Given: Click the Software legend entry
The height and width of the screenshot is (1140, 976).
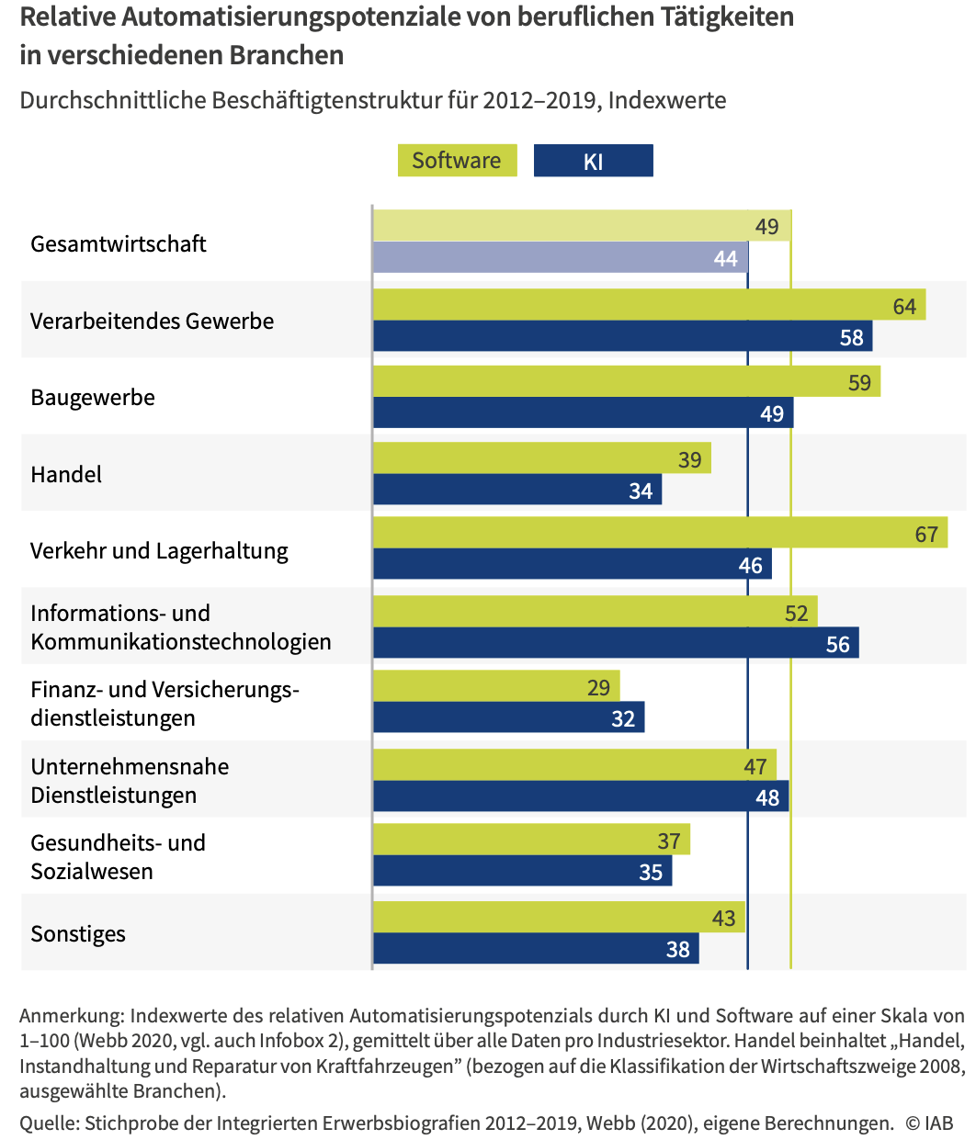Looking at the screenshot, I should (457, 161).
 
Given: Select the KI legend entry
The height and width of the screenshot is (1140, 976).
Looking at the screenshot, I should (593, 162).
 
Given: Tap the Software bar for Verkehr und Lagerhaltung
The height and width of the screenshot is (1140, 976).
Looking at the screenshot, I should (643, 533).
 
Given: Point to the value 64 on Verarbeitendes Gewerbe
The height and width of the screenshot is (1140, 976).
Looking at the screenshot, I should (904, 306).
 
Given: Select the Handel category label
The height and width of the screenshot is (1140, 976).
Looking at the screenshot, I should (66, 475).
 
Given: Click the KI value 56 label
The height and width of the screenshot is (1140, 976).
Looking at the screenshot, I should (837, 644).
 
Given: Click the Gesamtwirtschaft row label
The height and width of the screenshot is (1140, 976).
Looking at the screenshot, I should (119, 244).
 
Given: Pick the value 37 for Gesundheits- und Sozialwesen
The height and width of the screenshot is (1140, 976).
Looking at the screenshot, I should (668, 841).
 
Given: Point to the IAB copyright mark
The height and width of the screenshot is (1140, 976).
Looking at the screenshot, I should (928, 1123).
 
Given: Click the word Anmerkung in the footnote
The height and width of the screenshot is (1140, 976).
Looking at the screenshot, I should (70, 1016).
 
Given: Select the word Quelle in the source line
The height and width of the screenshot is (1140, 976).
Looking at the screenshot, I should (49, 1123).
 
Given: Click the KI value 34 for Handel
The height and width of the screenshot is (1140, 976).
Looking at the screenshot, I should (641, 491).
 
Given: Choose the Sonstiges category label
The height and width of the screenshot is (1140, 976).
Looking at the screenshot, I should (78, 934).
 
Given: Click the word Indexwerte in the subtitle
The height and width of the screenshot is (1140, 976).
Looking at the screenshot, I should (667, 100).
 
